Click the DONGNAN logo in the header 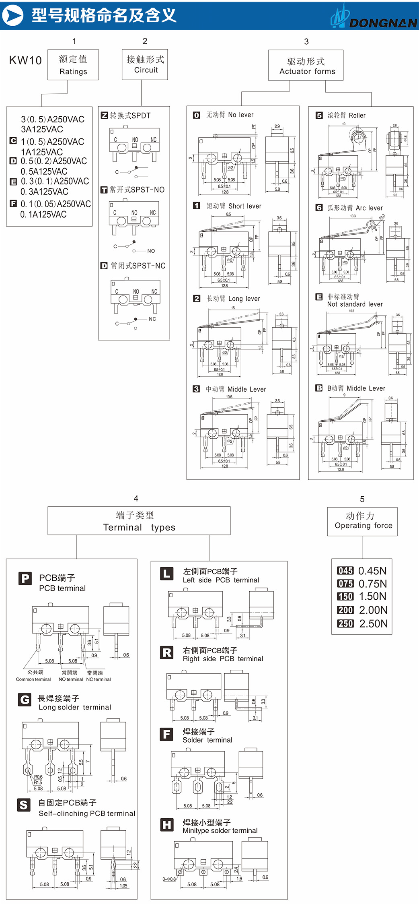point(374,18)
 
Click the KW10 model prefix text point(25,60)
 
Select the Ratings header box point(73,65)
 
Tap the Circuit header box point(145,64)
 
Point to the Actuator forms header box point(306,66)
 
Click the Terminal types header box point(139,521)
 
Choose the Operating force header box point(362,521)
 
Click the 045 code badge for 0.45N point(345,571)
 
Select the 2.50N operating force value point(373,623)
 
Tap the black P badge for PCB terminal point(25,579)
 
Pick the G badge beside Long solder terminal point(25,700)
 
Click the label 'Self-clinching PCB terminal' point(87,813)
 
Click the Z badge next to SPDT point(104,116)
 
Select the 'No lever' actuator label point(240,115)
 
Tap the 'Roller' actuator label point(357,116)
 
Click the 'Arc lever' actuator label point(369,208)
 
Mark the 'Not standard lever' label point(355,304)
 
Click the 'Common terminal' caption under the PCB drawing point(33,679)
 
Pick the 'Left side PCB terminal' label point(221,580)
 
